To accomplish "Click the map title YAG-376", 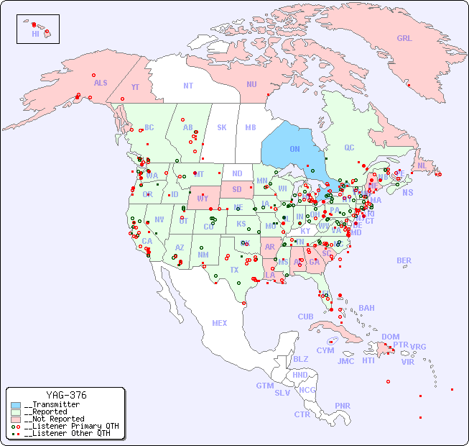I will point(66,395).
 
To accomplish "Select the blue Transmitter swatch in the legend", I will point(16,405).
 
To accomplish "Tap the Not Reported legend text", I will point(54,419).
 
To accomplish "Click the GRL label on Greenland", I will point(404,38).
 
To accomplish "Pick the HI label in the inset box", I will point(35,34).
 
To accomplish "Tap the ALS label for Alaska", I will point(101,83).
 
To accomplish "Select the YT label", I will point(135,87).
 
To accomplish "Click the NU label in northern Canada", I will point(251,84).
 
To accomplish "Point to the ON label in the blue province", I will point(294,149).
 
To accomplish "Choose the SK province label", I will point(222,127).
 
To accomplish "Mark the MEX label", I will point(220,323).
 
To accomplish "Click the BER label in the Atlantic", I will point(404,260).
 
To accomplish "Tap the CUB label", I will point(305,317).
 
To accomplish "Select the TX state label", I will point(234,270).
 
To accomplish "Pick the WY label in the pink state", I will point(203,198).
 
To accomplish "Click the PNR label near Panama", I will point(343,405).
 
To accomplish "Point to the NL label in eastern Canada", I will point(422,165).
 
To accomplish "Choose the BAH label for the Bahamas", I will point(366,308).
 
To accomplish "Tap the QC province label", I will point(349,147).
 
